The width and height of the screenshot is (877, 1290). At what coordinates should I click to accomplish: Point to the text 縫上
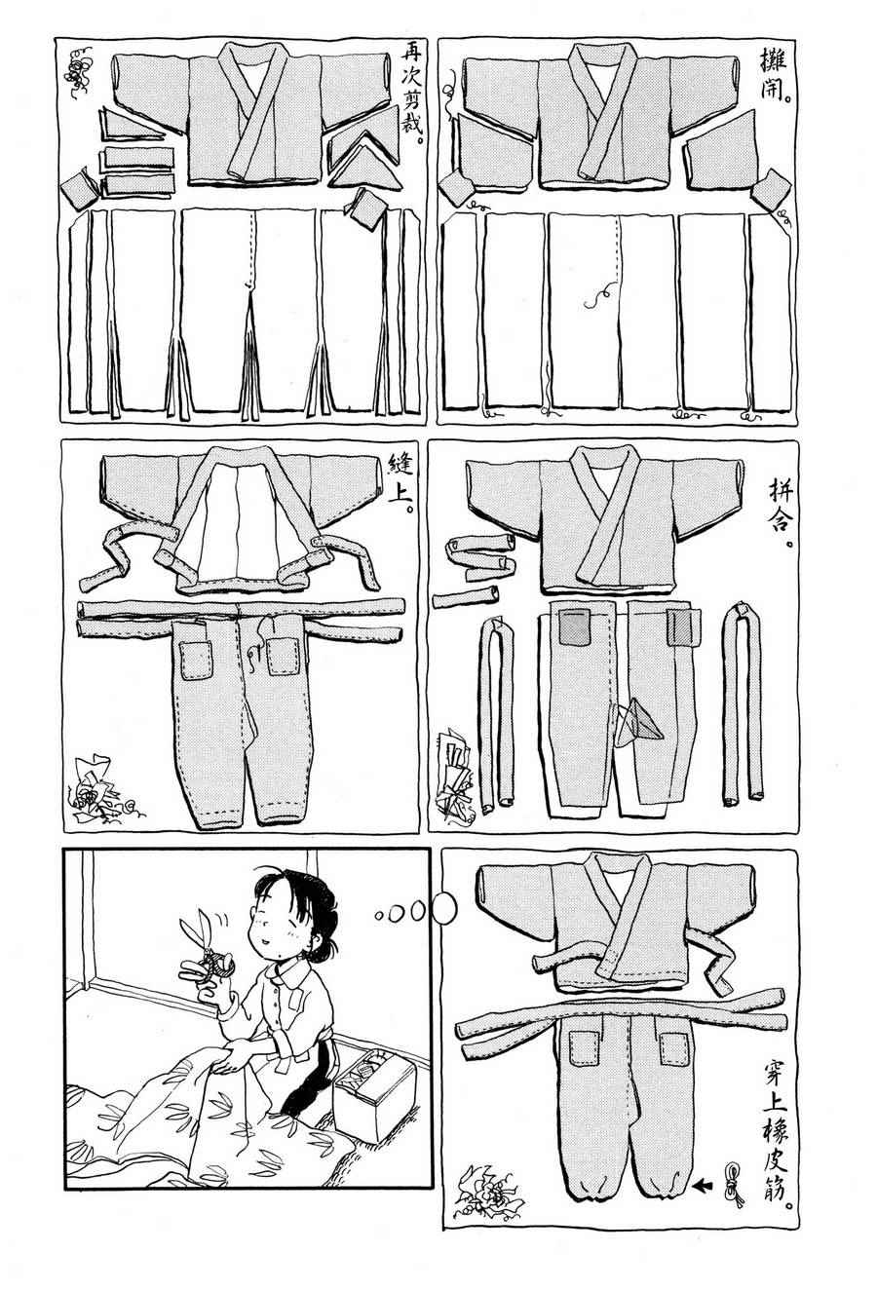[x=400, y=480]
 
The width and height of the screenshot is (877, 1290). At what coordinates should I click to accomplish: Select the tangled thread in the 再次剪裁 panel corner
[x=79, y=71]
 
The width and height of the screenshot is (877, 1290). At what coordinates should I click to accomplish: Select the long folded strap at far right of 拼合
[x=744, y=702]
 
